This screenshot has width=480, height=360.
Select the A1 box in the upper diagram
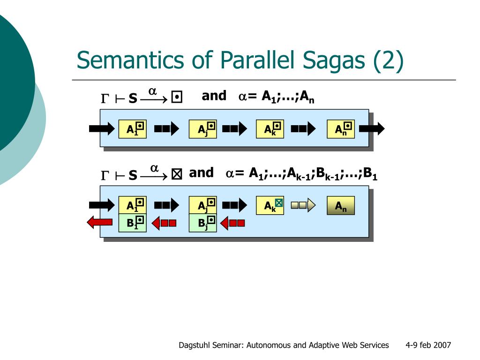[x=133, y=129]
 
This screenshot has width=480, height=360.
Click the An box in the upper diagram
[x=341, y=129]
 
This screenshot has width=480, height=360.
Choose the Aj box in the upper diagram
[x=202, y=129]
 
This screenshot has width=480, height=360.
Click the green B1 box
[x=133, y=223]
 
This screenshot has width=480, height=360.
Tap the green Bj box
[x=202, y=223]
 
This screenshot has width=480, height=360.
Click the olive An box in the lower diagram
[x=341, y=205]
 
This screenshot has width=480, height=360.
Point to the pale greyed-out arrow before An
[x=303, y=205]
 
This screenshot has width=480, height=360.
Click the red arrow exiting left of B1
[x=99, y=223]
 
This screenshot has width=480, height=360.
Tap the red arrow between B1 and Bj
[x=165, y=223]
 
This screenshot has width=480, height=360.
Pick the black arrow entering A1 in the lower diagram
[x=102, y=205]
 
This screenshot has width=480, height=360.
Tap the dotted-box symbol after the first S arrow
[x=177, y=97]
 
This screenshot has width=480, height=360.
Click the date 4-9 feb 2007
[x=428, y=345]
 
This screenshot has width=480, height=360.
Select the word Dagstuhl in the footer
[x=194, y=345]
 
